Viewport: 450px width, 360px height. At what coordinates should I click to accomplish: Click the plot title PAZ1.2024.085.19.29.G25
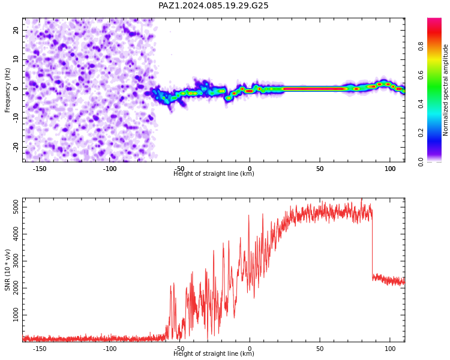click(x=213, y=5)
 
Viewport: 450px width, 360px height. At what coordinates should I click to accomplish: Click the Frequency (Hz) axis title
click(x=7, y=90)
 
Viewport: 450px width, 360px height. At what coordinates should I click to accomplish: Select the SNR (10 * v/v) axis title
click(x=7, y=270)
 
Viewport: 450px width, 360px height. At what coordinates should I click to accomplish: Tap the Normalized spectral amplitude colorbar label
click(x=445, y=90)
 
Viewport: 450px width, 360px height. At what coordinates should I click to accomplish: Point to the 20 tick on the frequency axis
click(x=16, y=30)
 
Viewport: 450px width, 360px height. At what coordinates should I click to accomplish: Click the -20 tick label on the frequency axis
click(x=16, y=147)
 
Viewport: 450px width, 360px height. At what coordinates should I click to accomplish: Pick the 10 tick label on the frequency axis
click(x=16, y=59)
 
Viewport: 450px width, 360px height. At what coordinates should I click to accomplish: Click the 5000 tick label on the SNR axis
click(x=16, y=207)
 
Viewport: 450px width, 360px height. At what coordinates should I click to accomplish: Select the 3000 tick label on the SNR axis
click(x=16, y=261)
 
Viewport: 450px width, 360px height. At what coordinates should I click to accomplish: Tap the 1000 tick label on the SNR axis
click(x=16, y=315)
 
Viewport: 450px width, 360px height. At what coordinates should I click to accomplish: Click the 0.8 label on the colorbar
click(x=421, y=46)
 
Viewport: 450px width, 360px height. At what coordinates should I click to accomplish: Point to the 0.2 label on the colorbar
click(x=421, y=133)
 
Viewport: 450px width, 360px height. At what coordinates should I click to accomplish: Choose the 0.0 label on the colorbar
click(x=421, y=162)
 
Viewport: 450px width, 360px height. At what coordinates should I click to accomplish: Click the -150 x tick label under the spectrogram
click(x=40, y=169)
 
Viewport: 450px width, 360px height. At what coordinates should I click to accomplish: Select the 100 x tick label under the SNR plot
click(x=390, y=349)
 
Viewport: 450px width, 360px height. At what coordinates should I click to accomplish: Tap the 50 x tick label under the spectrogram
click(x=320, y=169)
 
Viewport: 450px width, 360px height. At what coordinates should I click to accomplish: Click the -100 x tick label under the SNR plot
click(x=110, y=349)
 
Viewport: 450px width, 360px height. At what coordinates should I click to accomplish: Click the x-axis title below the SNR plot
click(x=214, y=353)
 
